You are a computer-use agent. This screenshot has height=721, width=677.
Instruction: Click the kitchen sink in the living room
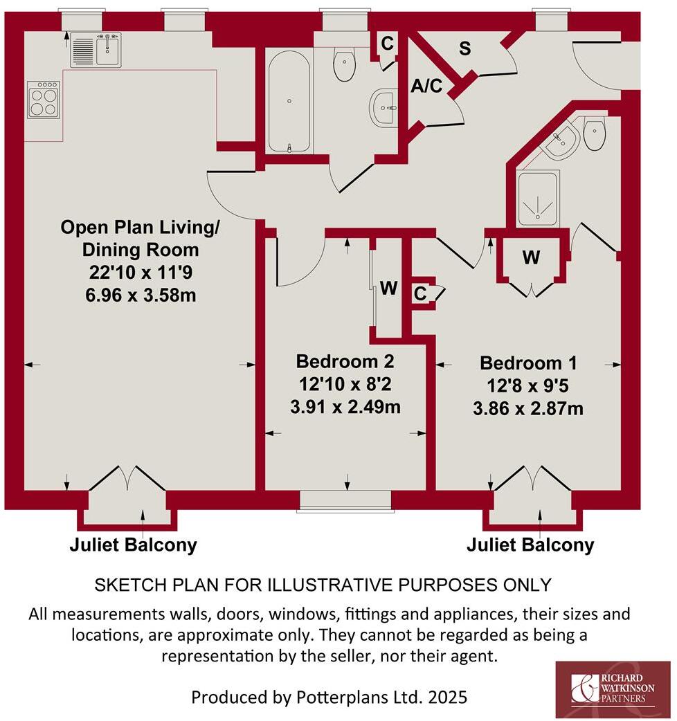(x=96, y=49)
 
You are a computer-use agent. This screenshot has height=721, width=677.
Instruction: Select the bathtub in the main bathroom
(x=289, y=100)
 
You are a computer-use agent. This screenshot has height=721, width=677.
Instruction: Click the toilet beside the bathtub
(x=344, y=64)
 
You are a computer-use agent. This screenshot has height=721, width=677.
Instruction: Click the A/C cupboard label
(x=427, y=86)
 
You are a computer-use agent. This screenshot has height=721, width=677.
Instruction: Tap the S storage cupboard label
(x=466, y=48)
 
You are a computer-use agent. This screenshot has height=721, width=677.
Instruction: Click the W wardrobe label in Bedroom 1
(x=531, y=258)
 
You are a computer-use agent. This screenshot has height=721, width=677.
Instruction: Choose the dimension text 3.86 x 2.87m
(x=528, y=408)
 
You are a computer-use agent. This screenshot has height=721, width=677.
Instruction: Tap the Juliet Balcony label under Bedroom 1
(x=530, y=545)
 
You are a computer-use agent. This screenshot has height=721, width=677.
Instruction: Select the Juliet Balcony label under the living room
(x=133, y=545)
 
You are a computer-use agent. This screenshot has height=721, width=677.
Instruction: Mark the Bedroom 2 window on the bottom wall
(x=345, y=500)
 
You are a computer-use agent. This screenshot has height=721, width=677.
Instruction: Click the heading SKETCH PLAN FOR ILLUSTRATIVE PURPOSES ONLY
(x=323, y=585)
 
